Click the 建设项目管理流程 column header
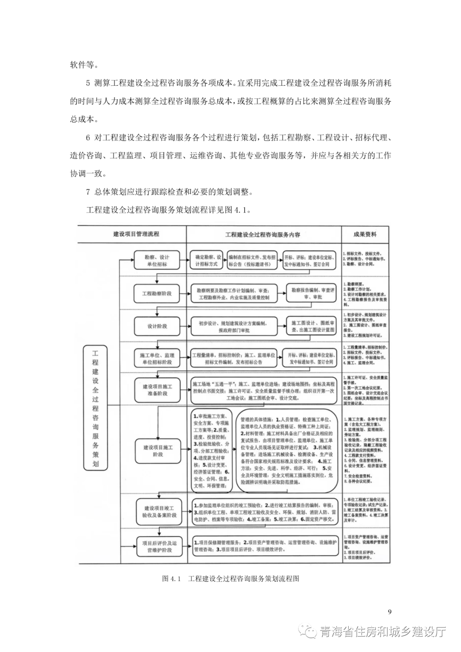136,234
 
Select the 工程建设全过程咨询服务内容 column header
263,234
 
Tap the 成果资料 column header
365,234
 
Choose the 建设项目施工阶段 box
158,451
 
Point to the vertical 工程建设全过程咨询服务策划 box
95,407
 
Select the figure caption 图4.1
230,579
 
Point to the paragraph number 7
88,192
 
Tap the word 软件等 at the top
84,65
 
